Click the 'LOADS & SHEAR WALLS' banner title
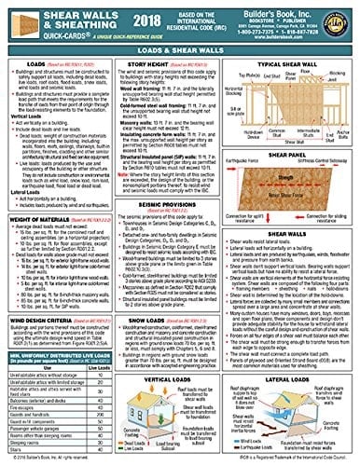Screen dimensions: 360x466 (179, 52)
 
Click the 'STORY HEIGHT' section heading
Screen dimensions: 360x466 (155, 64)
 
